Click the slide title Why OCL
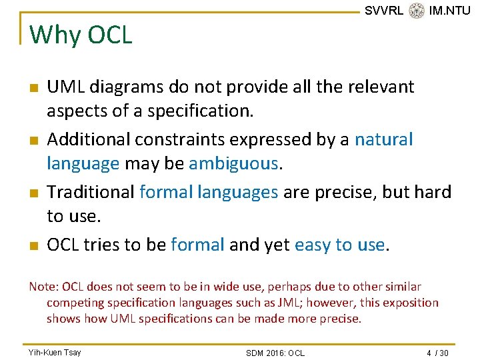(x=81, y=35)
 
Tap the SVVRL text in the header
(x=384, y=11)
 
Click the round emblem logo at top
(x=417, y=11)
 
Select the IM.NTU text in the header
(x=449, y=11)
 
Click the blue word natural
(x=383, y=139)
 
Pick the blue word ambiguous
(x=233, y=163)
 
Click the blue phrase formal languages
(x=209, y=192)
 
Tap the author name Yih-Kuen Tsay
(x=55, y=352)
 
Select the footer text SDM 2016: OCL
(x=275, y=353)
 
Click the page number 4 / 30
(x=437, y=352)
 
